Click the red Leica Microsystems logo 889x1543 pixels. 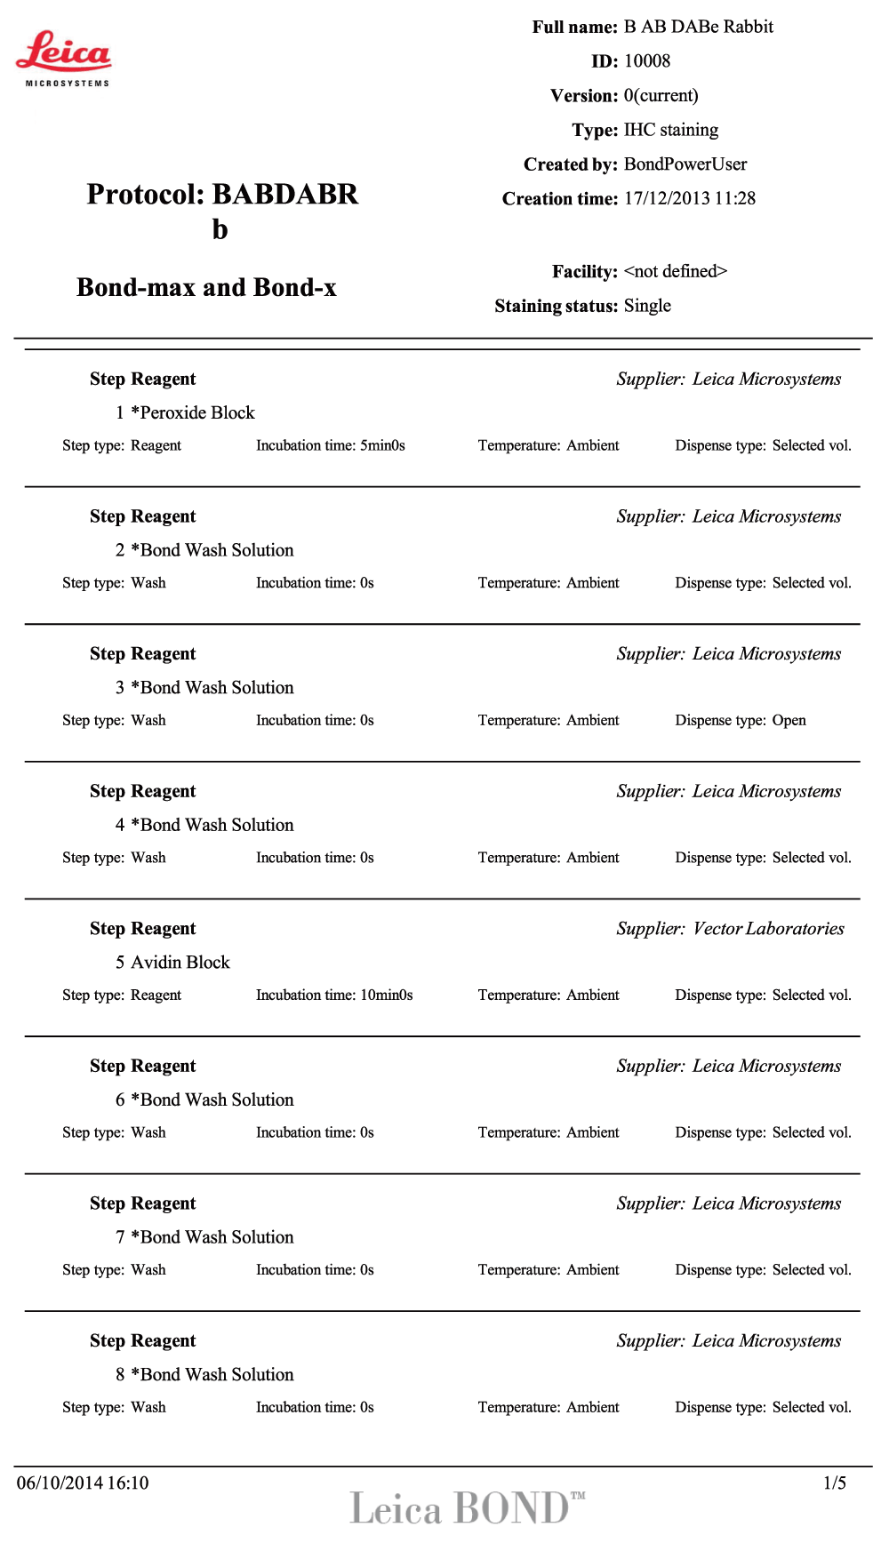[x=64, y=57]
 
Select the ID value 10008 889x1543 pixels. [x=647, y=61]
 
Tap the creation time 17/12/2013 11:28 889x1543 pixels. [x=690, y=198]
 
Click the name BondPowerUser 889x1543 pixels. [x=685, y=164]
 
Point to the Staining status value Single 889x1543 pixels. [x=647, y=306]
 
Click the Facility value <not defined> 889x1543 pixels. [x=676, y=271]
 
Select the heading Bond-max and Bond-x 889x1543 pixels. [x=206, y=288]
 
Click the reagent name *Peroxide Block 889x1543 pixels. [x=193, y=412]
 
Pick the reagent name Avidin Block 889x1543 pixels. [x=180, y=963]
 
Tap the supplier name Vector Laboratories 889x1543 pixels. [x=769, y=929]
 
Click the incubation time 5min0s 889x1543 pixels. [x=382, y=445]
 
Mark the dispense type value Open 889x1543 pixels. [x=789, y=720]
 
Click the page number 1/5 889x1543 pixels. [x=835, y=1483]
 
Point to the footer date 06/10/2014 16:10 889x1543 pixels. [x=83, y=1483]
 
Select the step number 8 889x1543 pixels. [x=120, y=1375]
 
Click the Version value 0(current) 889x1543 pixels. [x=661, y=96]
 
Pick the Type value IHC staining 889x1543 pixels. [x=671, y=130]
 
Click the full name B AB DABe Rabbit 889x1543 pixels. [x=699, y=27]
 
